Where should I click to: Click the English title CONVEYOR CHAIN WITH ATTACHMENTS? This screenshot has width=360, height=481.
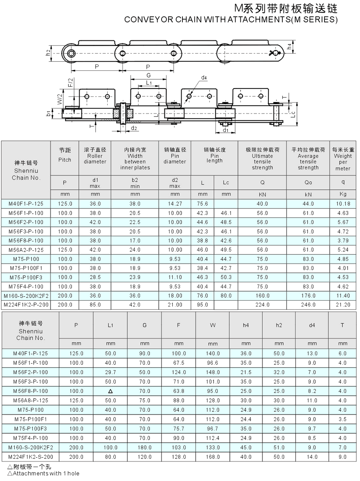click(x=231, y=20)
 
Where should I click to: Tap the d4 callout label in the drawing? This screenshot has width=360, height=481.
click(x=204, y=78)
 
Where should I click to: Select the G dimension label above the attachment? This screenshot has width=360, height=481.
click(x=148, y=75)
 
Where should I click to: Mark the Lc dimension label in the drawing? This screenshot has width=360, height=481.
click(x=294, y=114)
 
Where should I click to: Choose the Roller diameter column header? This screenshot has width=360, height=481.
click(x=95, y=156)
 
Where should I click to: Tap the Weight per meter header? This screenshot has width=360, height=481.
click(x=343, y=159)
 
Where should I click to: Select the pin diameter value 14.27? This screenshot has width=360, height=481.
click(x=175, y=204)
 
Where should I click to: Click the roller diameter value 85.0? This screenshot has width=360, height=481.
click(x=95, y=305)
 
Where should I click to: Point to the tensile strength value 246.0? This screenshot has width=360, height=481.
click(x=308, y=305)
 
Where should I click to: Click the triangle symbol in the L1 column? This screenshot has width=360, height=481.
click(x=110, y=391)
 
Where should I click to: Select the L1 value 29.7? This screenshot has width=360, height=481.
click(x=110, y=372)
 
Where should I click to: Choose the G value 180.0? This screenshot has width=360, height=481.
click(x=144, y=447)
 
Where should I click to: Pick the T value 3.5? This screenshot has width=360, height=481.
click(x=342, y=419)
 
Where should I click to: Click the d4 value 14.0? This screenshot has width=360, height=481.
click(x=312, y=457)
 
